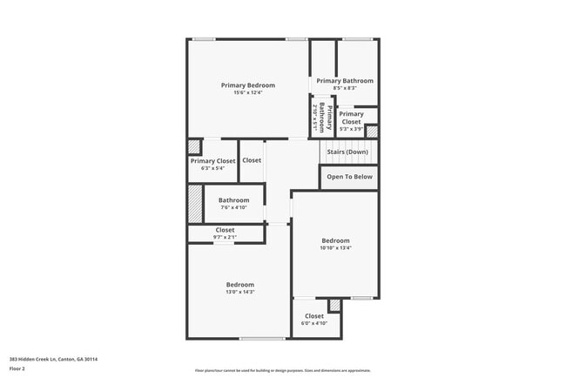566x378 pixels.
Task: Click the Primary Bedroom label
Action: coord(248,85)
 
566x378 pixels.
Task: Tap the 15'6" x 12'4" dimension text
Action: coord(248,92)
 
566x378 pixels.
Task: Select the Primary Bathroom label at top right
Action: coord(345,81)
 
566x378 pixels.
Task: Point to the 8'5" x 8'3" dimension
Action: coord(345,88)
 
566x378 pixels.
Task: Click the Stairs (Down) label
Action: coord(347,152)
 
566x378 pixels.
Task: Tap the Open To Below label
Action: coord(349,177)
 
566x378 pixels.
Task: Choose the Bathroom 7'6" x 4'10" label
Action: coord(233,200)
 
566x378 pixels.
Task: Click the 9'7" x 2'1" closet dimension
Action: coord(226,237)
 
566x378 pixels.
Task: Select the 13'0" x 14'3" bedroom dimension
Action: coord(240,292)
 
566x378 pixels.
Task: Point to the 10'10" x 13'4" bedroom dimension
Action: coord(335,248)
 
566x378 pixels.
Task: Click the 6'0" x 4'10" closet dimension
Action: coord(314,323)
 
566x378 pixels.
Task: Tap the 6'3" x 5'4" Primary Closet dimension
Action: coord(213,168)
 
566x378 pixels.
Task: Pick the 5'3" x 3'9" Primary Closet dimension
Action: coord(351,129)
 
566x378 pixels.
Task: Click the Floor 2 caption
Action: coord(17,368)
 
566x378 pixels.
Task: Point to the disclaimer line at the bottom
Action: coord(283,370)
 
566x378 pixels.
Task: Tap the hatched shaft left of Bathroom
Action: coord(195,203)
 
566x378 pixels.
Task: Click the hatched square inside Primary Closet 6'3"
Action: coord(194,147)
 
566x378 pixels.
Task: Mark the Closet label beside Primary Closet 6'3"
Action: coord(252,160)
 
